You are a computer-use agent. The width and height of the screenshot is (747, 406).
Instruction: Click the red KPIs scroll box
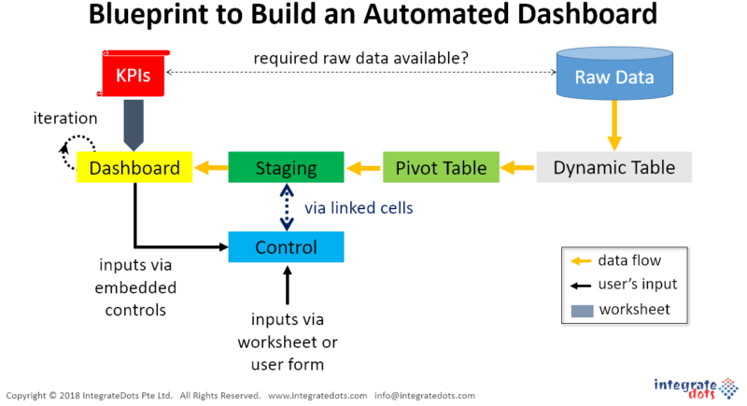pos(134,74)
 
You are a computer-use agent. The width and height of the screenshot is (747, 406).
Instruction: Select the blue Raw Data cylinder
pos(614,73)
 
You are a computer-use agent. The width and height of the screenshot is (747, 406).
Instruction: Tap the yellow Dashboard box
pos(134,168)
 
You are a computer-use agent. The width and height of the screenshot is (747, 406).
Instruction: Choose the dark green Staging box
pos(286,168)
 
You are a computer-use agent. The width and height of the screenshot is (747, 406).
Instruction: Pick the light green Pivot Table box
pos(441,168)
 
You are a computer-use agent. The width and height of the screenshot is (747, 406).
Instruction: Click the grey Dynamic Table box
pos(614,168)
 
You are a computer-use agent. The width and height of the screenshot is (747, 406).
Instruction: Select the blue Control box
pos(286,247)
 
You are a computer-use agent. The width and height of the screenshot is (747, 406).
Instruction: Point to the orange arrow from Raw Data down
pos(614,126)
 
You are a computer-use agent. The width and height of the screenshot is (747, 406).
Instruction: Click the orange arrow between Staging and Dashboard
pos(211,168)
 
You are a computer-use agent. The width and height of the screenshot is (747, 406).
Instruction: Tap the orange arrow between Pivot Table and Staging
pos(364,168)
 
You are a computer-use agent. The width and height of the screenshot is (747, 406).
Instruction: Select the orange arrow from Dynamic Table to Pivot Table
pos(518,168)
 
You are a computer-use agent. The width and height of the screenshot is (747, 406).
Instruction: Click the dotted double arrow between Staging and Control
pos(287,207)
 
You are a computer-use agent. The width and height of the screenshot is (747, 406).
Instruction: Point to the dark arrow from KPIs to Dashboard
pos(134,125)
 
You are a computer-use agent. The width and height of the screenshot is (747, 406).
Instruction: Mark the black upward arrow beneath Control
pos(288,285)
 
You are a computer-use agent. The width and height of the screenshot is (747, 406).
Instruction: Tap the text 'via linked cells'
pos(359,208)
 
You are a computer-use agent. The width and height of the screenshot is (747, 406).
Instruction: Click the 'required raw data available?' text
pos(361,58)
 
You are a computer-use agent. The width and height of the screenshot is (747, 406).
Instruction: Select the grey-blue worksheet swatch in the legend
pos(582,311)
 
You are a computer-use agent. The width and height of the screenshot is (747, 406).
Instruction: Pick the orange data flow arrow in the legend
pos(581,260)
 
